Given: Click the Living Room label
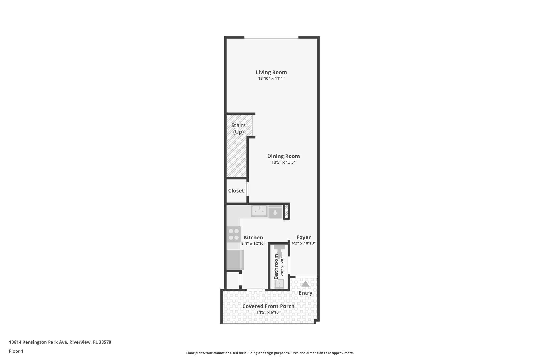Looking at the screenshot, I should point(271,72).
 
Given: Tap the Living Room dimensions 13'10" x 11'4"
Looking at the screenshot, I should point(271,78).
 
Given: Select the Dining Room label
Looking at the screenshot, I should point(283,156).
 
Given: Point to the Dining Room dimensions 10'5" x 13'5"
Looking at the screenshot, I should point(283,162).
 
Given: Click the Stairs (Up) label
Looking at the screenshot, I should point(238,128).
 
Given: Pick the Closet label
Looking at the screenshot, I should point(236,190).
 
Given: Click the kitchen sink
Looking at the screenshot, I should point(259,211).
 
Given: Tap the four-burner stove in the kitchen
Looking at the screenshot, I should point(234,234).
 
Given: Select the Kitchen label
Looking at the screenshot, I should point(253,237).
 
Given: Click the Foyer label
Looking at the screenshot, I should point(303,237).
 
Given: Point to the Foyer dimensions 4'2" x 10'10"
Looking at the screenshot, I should point(303,243).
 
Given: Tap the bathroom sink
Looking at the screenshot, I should point(279,284).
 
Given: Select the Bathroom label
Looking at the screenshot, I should point(276,266).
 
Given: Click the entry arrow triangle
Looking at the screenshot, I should point(305,284).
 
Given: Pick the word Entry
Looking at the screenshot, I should point(305,293).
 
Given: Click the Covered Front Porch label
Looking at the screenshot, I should point(268,306).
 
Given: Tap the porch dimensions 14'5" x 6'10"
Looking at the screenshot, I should point(268,312).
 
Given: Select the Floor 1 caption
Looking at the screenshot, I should point(16,351).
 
